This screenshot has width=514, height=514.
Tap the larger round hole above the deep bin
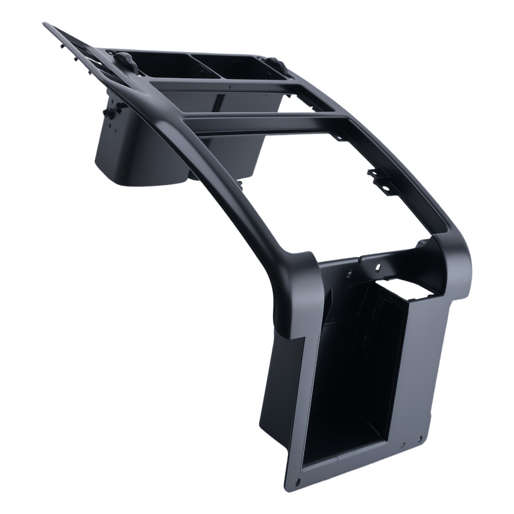(378, 267)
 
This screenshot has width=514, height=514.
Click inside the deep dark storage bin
(355, 370)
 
